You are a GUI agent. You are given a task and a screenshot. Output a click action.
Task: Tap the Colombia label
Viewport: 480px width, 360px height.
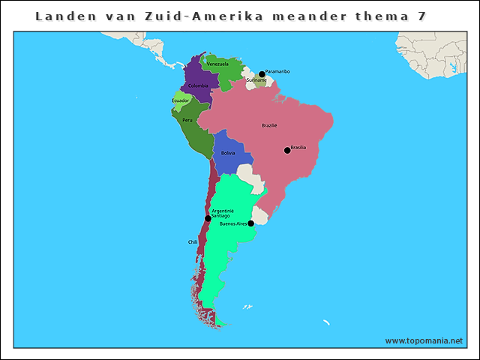[x=198, y=85]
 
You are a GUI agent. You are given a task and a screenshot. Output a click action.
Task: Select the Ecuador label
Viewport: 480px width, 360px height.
[x=181, y=100]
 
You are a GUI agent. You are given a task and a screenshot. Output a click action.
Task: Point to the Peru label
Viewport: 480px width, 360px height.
[x=187, y=120]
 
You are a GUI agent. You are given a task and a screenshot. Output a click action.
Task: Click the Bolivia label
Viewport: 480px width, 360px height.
[x=228, y=153]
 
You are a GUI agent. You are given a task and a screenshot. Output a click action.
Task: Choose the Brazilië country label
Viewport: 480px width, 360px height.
[x=269, y=125]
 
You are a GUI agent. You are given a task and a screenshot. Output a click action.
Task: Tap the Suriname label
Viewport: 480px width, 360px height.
[x=256, y=80]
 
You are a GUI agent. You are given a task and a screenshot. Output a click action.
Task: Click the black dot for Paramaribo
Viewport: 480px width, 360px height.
[x=262, y=74]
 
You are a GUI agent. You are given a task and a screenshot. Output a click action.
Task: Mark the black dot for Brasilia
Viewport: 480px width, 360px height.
[x=286, y=151]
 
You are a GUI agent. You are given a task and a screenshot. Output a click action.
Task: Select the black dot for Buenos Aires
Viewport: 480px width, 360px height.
[x=250, y=223]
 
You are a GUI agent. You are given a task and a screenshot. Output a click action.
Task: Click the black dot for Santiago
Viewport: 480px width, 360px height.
[x=208, y=218]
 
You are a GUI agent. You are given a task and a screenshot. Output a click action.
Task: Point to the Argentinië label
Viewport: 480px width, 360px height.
[x=223, y=211]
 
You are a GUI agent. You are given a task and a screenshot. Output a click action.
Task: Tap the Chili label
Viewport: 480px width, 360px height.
[x=193, y=242]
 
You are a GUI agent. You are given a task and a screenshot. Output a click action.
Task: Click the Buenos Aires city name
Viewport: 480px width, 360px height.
[x=232, y=223]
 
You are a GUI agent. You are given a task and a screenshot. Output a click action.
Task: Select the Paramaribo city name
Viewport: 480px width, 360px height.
[x=277, y=71]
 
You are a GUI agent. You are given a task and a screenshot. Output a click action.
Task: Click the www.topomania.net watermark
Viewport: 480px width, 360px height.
[x=424, y=340]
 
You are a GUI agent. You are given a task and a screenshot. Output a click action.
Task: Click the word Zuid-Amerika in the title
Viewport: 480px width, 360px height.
[x=183, y=16]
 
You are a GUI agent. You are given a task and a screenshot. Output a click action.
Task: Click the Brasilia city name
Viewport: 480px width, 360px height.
[x=298, y=147]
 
